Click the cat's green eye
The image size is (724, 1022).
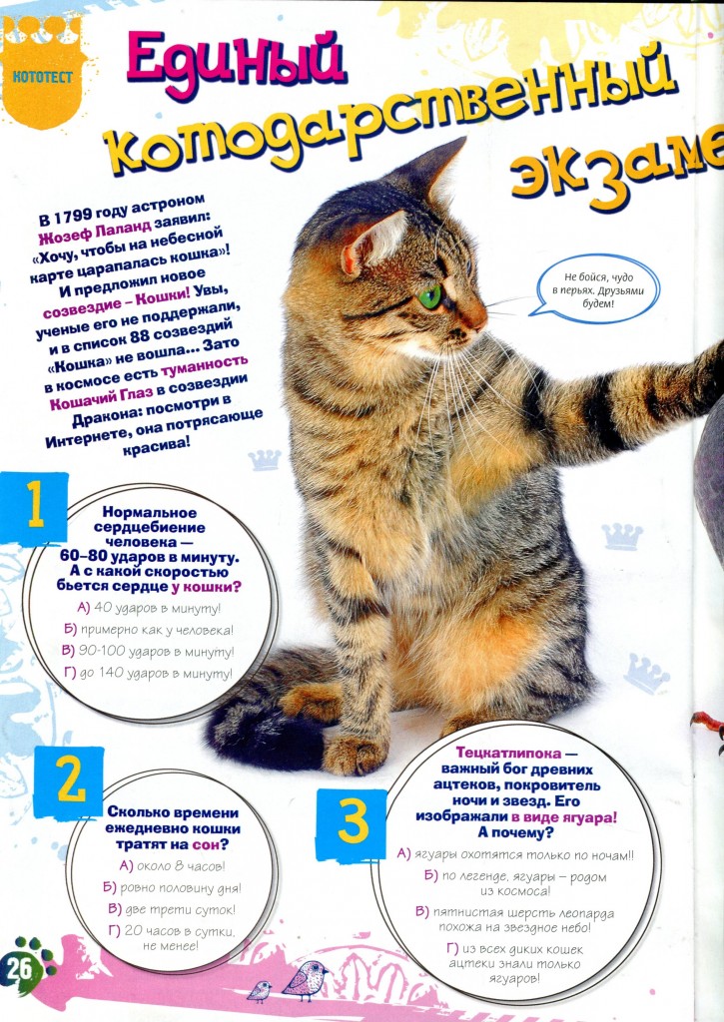pos(429,296)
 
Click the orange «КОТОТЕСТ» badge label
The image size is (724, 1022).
pos(42,77)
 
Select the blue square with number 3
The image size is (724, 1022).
pos(353,823)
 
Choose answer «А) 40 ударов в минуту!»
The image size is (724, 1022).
pos(149,608)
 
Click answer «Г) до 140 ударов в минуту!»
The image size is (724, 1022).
pos(148,674)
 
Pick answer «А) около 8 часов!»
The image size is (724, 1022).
pos(172,866)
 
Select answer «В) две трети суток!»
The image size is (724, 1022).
pos(172,909)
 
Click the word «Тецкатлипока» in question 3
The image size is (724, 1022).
pos(508,753)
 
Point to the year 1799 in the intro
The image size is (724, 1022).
pos(71,216)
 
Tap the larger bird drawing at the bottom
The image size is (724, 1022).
pos(305,980)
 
